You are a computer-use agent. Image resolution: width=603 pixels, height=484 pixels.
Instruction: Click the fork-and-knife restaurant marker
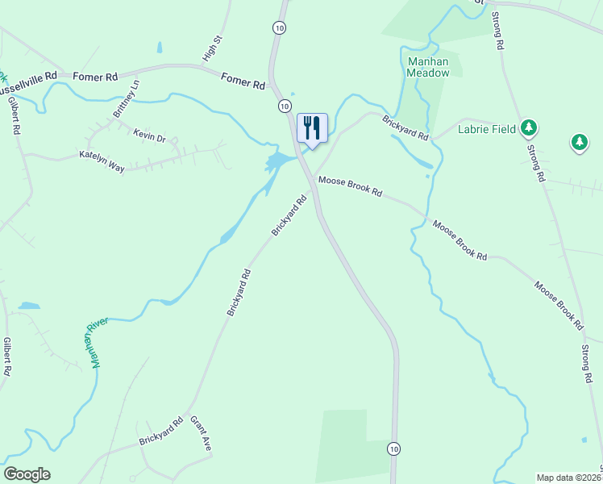click(312, 128)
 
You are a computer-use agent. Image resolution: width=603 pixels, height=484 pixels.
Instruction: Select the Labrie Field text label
click(485, 128)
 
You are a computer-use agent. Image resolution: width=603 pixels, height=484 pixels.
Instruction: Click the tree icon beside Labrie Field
click(529, 127)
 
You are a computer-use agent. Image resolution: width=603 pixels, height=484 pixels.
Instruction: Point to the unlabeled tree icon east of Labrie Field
click(579, 143)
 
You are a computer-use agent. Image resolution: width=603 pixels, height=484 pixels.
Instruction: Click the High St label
click(212, 50)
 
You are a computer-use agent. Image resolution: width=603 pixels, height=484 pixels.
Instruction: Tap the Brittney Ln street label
click(126, 98)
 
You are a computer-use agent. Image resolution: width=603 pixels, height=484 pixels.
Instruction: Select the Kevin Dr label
click(149, 136)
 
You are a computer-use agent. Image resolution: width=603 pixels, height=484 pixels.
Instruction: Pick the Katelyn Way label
click(102, 160)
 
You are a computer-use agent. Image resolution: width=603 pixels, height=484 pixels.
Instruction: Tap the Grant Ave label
click(200, 433)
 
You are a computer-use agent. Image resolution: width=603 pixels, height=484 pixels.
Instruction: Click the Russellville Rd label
click(29, 75)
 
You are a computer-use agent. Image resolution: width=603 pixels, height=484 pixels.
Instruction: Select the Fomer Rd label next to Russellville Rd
click(95, 77)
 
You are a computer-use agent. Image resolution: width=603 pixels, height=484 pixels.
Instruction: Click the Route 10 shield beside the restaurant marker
click(284, 106)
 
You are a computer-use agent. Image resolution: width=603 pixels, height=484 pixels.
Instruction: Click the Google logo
click(27, 474)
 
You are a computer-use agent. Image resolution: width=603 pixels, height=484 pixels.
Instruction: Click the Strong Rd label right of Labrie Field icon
click(535, 158)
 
